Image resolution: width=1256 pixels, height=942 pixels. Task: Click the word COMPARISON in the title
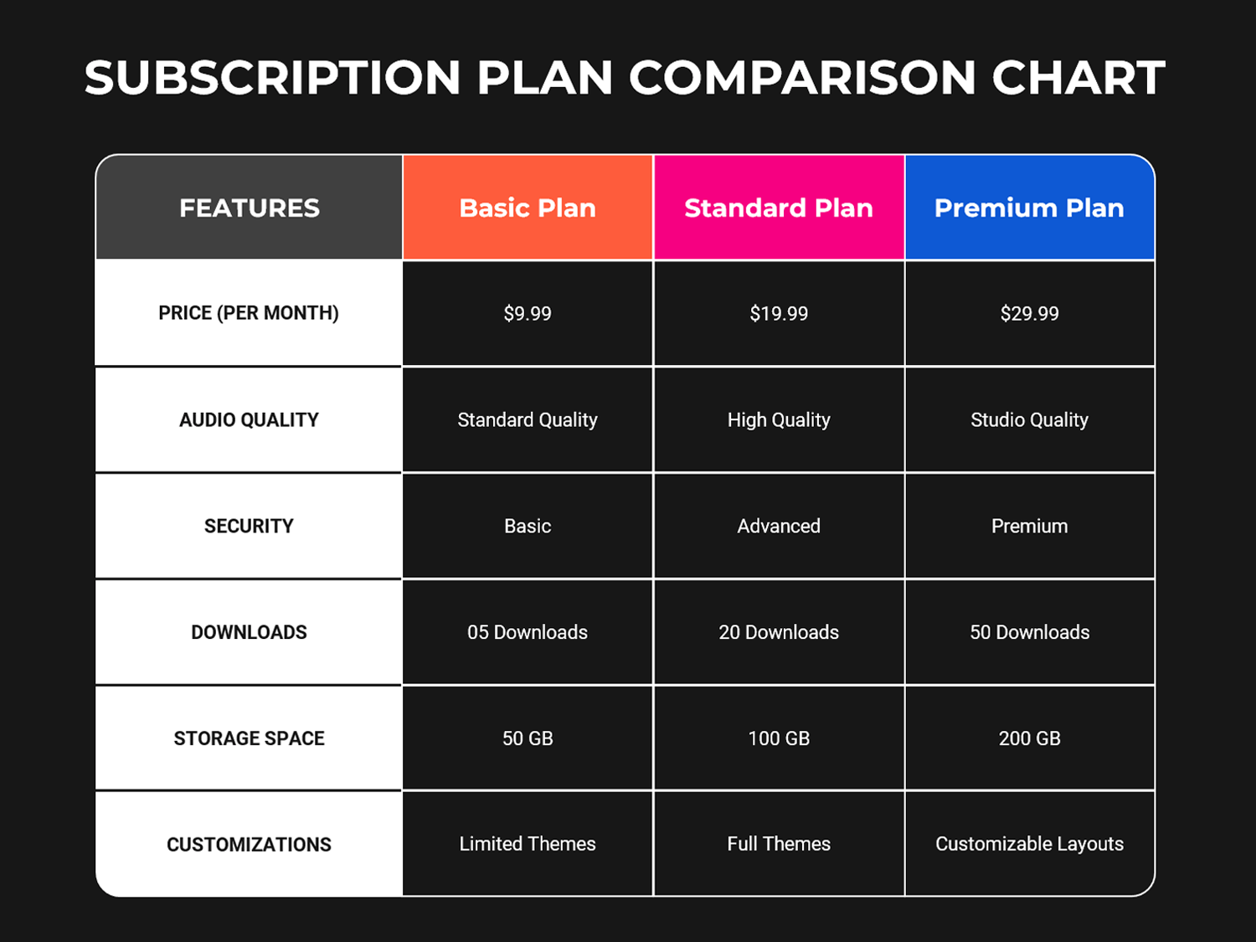click(x=802, y=78)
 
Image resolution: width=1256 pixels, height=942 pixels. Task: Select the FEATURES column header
click(x=250, y=208)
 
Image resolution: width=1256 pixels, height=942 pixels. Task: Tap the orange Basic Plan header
click(x=528, y=208)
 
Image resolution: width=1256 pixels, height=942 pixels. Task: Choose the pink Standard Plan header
click(x=779, y=208)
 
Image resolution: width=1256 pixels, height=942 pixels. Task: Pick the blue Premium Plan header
click(x=1029, y=208)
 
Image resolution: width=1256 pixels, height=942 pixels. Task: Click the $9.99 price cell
click(x=528, y=313)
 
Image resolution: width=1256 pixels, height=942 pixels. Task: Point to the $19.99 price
click(x=779, y=313)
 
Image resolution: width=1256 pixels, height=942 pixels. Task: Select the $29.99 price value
click(x=1029, y=313)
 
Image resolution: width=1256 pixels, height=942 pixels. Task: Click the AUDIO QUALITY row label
click(x=249, y=420)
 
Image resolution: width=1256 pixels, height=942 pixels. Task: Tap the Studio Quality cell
click(x=1029, y=420)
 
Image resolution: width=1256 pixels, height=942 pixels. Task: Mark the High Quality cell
click(x=779, y=420)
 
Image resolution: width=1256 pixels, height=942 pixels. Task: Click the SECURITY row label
click(x=249, y=526)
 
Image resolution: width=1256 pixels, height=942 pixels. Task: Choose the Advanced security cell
click(x=779, y=526)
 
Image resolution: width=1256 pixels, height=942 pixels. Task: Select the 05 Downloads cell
click(x=528, y=632)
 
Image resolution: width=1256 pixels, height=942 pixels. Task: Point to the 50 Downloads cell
click(x=1029, y=632)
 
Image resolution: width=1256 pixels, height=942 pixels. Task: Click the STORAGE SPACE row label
click(x=249, y=739)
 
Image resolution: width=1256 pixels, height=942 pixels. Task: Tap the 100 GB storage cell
click(x=779, y=739)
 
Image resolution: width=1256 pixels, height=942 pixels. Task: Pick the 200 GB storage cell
click(x=1029, y=739)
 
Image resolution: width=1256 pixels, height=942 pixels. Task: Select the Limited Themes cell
click(x=528, y=844)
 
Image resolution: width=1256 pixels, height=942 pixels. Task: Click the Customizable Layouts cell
click(x=1029, y=844)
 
